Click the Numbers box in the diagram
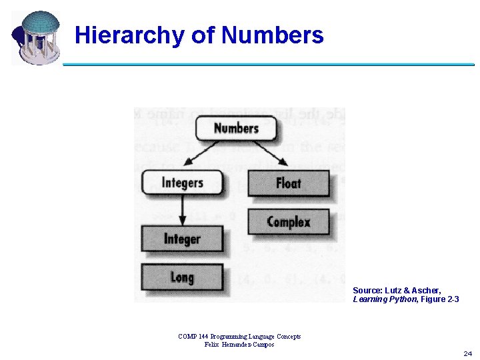click(x=236, y=128)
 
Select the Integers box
click(x=182, y=182)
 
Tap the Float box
click(x=289, y=183)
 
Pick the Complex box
click(x=289, y=221)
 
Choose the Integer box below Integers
click(x=182, y=239)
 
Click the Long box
click(x=182, y=277)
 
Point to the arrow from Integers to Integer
click(x=181, y=210)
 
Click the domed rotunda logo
click(x=36, y=37)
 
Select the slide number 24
click(x=467, y=353)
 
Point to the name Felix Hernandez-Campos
click(x=239, y=344)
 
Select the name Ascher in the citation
click(x=427, y=291)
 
